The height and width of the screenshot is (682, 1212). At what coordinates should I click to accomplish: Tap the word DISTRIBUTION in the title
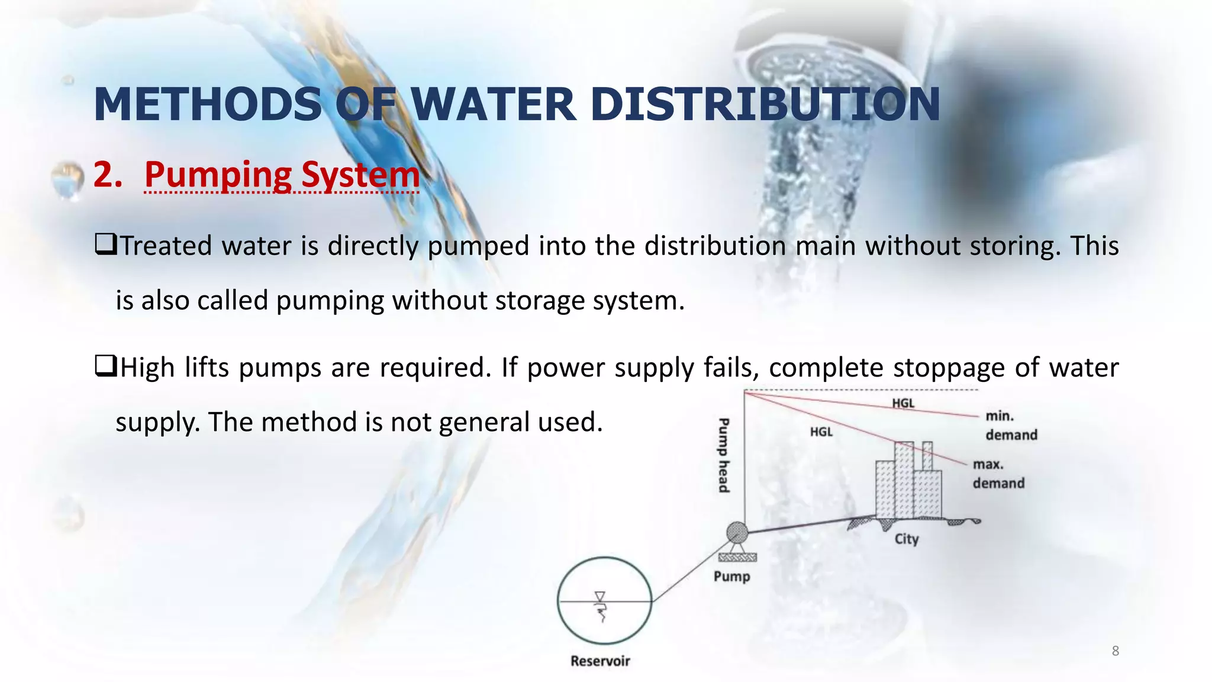(x=765, y=105)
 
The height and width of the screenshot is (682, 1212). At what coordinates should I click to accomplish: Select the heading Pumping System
(x=282, y=175)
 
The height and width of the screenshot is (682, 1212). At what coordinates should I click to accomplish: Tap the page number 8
(x=1115, y=651)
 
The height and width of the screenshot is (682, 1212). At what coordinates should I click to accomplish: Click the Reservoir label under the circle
(x=600, y=661)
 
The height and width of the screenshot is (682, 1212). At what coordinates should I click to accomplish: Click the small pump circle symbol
(x=737, y=532)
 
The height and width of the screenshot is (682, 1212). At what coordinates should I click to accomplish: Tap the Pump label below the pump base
(x=731, y=577)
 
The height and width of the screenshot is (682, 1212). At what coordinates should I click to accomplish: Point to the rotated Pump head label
(x=723, y=455)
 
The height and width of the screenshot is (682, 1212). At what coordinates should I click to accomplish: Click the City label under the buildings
(x=906, y=539)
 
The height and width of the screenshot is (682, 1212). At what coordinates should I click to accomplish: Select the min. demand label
(x=1010, y=426)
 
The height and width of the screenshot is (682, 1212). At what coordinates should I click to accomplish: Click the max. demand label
(x=998, y=474)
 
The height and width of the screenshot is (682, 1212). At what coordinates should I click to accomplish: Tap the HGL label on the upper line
(x=903, y=403)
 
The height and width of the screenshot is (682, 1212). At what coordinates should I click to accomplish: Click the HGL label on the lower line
(x=821, y=432)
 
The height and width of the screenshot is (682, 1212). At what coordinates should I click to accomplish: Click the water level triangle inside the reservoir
(x=600, y=596)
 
